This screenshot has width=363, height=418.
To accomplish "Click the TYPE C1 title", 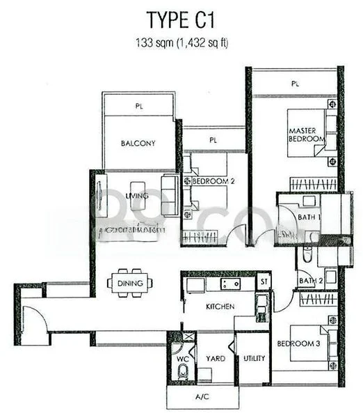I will (184, 19).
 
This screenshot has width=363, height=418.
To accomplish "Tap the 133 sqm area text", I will (184, 43).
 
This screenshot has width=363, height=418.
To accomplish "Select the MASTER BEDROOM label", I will (307, 134).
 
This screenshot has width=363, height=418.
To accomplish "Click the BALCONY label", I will (138, 144).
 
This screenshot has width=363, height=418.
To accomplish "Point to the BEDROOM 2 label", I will (209, 181).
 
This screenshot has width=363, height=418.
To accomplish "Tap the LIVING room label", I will (138, 196).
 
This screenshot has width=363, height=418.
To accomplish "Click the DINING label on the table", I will (131, 283).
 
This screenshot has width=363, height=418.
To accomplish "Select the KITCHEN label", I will (219, 307).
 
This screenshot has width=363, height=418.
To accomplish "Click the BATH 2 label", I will (307, 281).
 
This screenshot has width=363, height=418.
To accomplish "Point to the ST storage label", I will (263, 282).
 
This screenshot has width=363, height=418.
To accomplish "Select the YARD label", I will (215, 359).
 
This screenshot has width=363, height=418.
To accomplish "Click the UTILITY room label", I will (254, 359).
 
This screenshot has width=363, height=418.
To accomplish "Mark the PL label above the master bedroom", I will (296, 83).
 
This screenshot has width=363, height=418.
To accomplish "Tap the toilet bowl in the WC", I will (183, 373).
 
